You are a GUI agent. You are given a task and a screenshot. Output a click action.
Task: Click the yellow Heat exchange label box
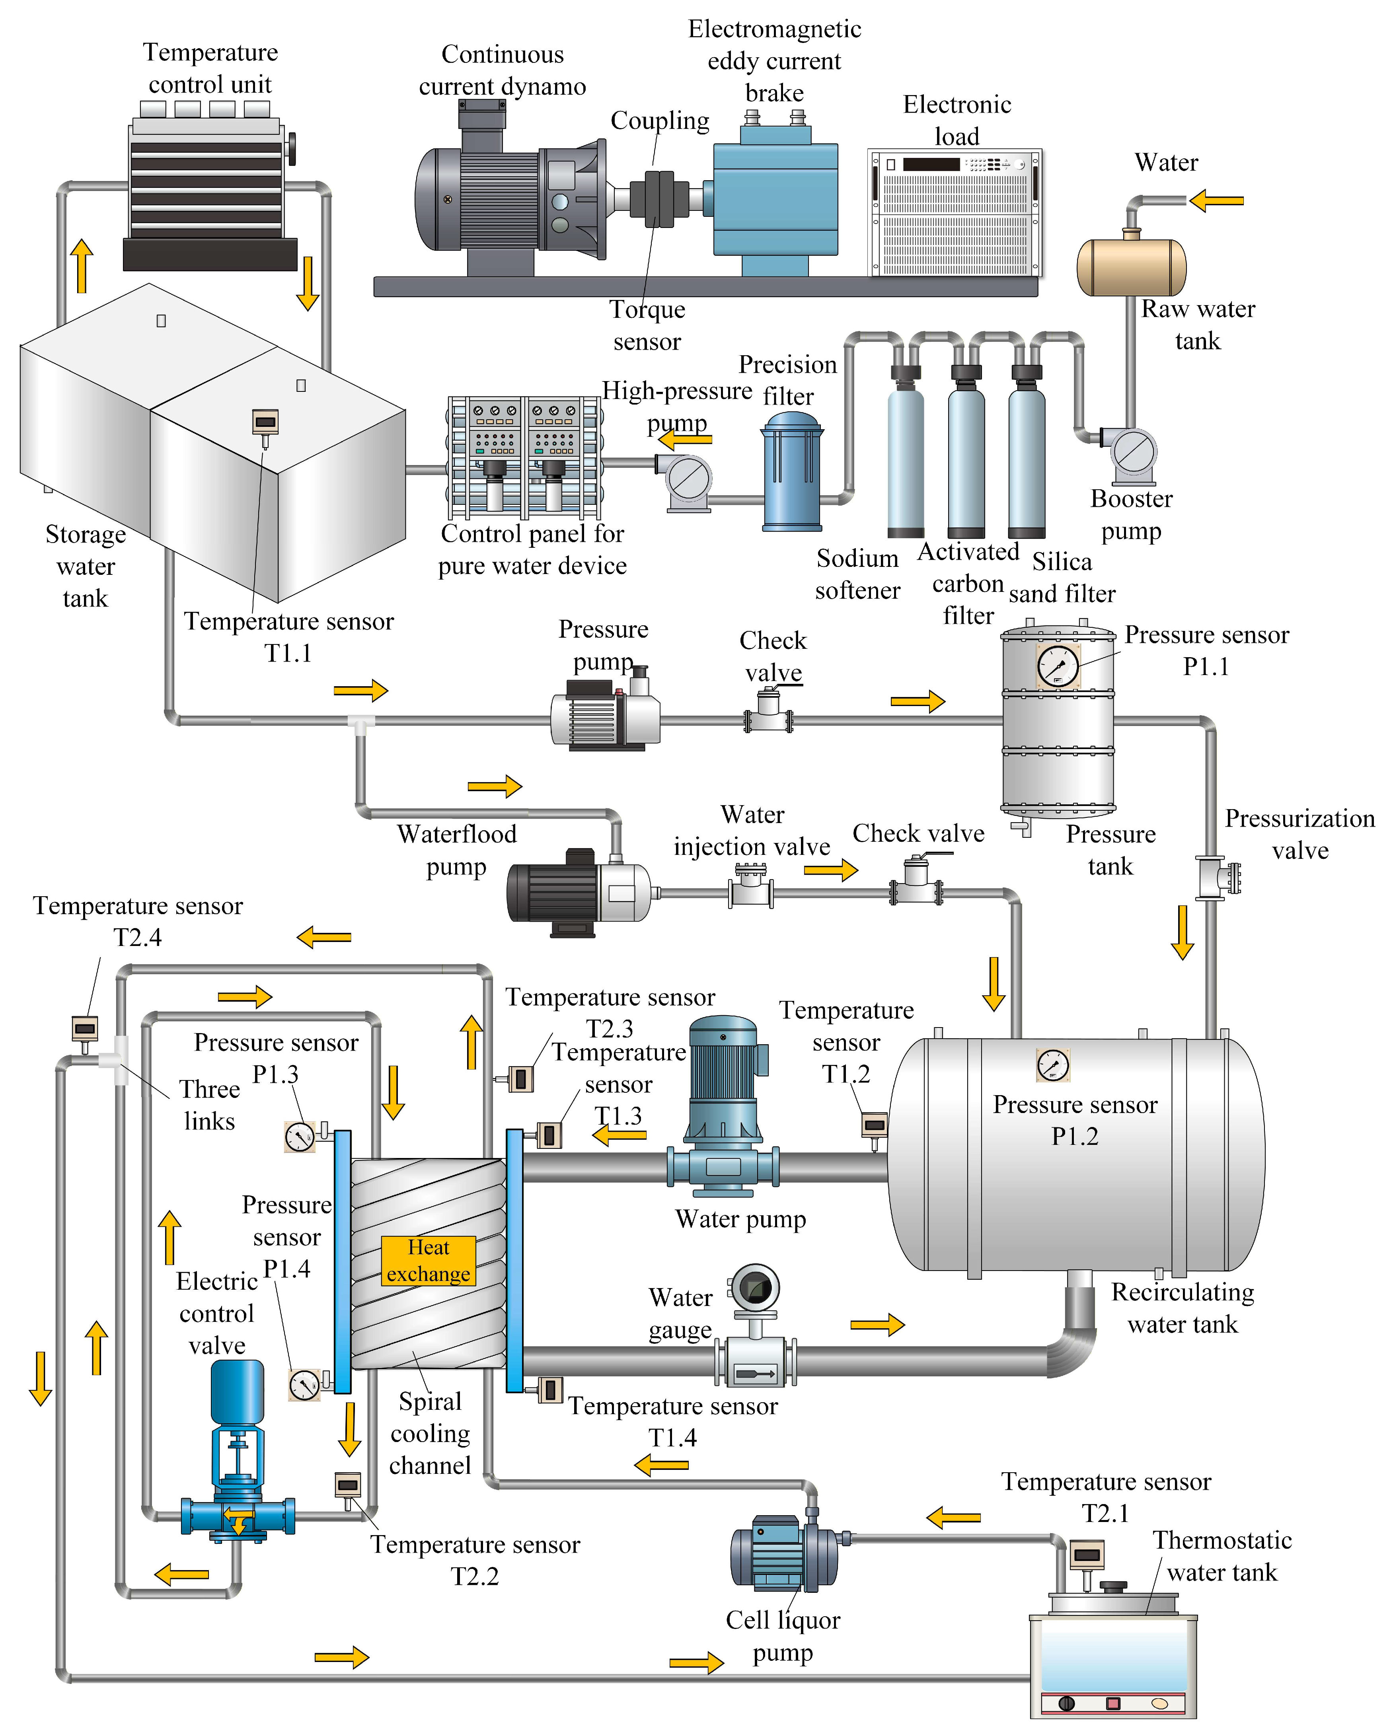click(428, 1260)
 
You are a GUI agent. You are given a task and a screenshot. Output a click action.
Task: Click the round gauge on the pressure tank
click(1058, 666)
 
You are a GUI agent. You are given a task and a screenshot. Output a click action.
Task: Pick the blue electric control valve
click(237, 1449)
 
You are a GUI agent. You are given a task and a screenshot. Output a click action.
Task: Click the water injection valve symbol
click(751, 886)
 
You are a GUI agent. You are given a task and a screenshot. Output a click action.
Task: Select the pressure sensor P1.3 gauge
click(300, 1136)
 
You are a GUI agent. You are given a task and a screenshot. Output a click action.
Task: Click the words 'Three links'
click(209, 1105)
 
